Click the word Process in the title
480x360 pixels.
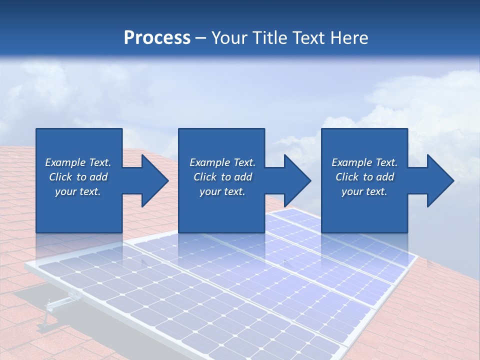point(157,38)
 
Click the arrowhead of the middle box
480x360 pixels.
point(297,180)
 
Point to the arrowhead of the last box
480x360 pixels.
point(440,180)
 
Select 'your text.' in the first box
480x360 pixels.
point(78,191)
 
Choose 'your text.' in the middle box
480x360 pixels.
point(222,191)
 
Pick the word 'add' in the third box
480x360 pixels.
point(385,177)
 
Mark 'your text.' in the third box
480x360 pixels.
point(364,191)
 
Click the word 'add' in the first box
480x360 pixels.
point(98,177)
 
